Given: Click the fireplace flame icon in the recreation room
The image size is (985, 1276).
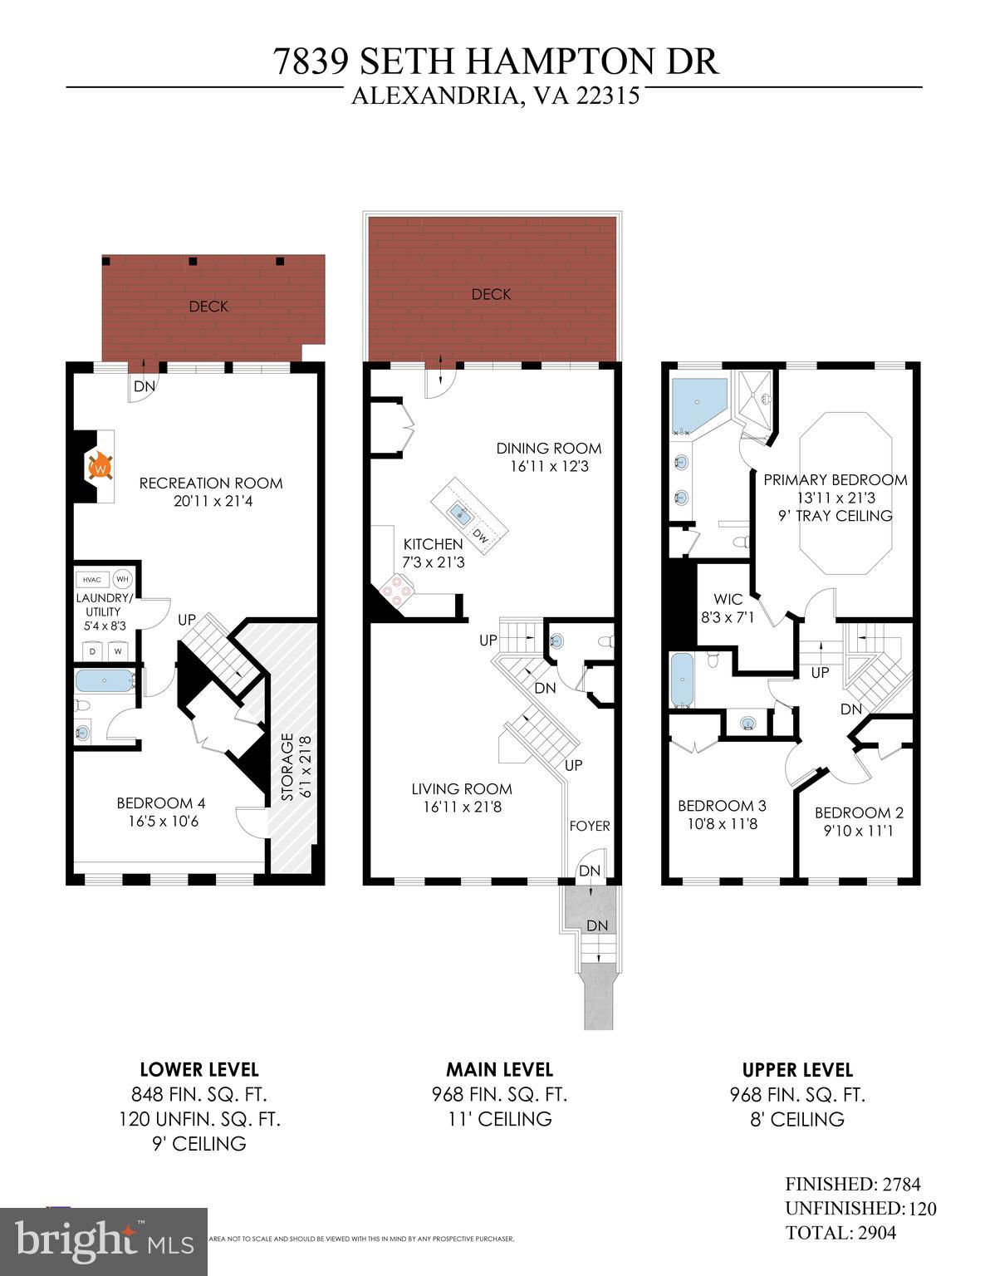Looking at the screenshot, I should [99, 466].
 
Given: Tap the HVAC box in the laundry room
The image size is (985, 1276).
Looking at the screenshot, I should [91, 579].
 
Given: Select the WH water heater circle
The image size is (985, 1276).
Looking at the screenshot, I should [122, 579].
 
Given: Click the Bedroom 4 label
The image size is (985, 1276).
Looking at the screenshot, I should [160, 803].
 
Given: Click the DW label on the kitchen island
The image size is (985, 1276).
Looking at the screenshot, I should [480, 537].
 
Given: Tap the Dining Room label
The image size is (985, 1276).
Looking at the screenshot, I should [548, 449].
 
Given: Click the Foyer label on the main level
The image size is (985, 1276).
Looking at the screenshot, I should [590, 826].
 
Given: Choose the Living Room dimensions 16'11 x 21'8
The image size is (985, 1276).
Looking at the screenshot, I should [462, 807].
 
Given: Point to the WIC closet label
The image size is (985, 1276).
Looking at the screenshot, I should [728, 599].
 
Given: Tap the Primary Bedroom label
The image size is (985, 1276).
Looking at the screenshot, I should [835, 480].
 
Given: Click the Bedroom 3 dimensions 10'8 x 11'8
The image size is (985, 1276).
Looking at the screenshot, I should [722, 825].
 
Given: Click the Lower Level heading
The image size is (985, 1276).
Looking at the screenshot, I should [199, 1070].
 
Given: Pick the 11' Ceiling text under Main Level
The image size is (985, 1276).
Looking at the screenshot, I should [499, 1119].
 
